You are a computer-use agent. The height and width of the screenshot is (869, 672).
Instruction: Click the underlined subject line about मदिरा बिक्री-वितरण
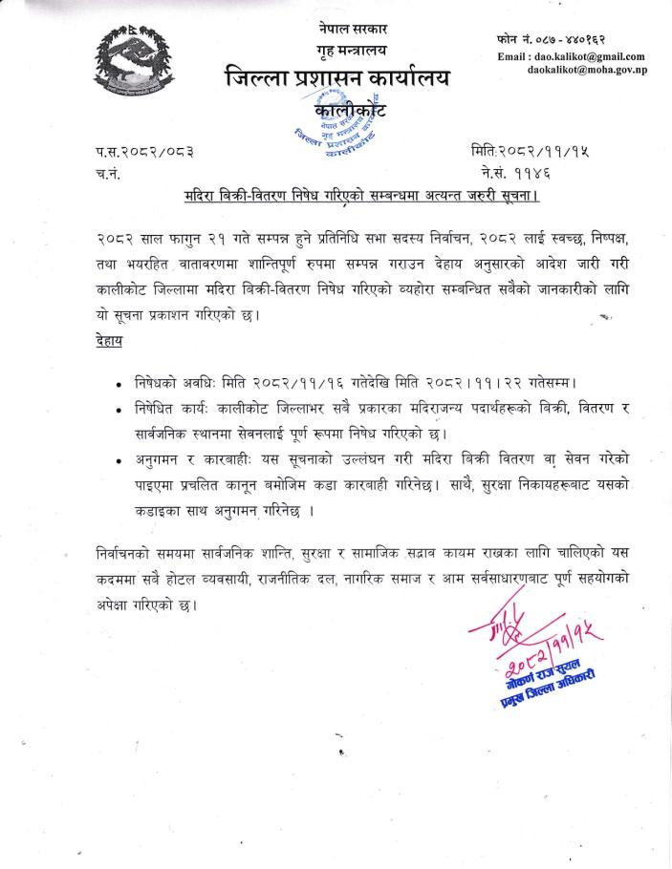[x=361, y=199]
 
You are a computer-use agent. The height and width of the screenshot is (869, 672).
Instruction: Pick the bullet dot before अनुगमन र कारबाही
[x=117, y=459]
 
